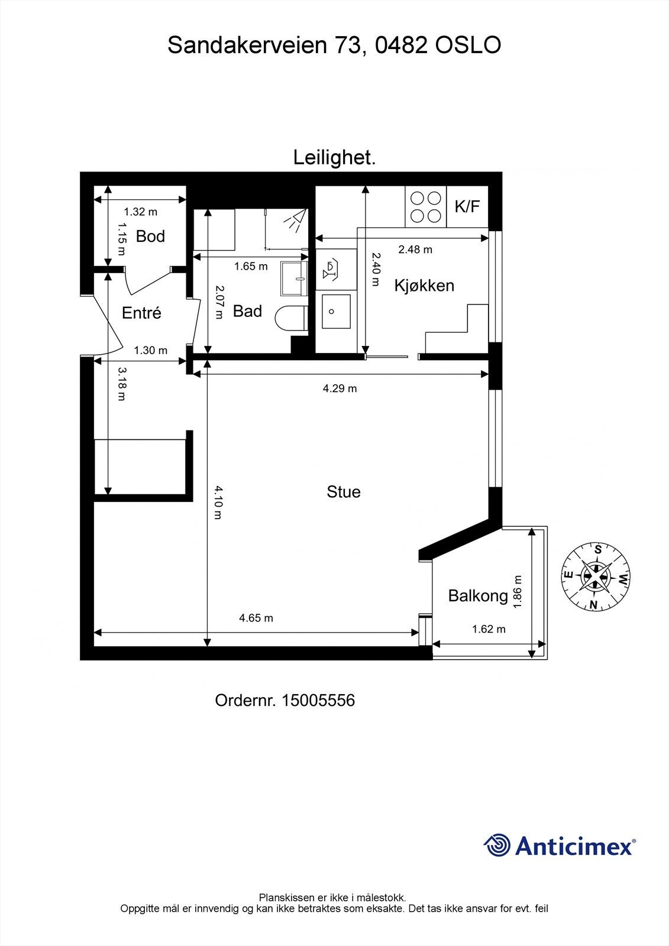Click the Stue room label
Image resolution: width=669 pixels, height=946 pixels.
click(343, 492)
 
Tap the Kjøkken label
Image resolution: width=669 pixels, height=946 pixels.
click(424, 286)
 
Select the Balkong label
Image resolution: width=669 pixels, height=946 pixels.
click(478, 595)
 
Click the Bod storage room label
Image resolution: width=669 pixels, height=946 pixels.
click(150, 237)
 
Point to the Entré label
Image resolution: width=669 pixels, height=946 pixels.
click(141, 313)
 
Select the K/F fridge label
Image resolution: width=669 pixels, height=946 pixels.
click(467, 206)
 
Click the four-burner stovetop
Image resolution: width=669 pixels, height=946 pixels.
click(426, 207)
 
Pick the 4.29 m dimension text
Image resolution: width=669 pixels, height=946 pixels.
click(340, 388)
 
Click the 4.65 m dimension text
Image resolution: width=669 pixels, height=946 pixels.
click(256, 618)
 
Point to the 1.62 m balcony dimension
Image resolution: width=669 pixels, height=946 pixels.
click(489, 629)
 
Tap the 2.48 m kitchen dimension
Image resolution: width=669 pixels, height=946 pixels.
click(415, 250)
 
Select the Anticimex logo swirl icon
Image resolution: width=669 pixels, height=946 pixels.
click(497, 845)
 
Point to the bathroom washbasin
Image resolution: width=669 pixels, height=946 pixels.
click(294, 278)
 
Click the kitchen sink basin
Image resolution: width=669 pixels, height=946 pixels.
click(335, 311)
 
